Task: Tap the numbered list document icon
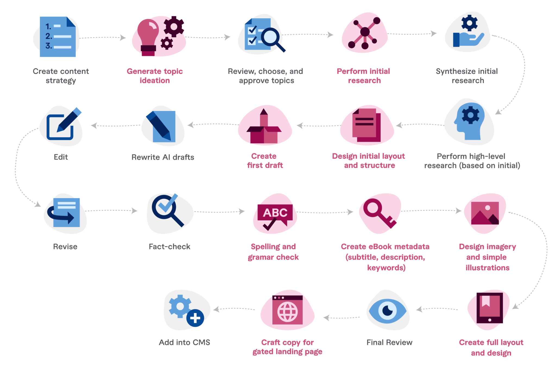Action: click(58, 37)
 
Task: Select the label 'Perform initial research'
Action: click(364, 76)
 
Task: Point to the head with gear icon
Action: click(470, 121)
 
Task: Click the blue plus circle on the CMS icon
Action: click(195, 318)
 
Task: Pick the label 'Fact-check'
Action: click(169, 246)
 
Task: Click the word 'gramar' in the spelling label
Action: click(260, 257)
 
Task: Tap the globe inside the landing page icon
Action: click(288, 312)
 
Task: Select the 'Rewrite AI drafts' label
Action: click(163, 157)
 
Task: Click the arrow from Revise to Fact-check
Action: click(111, 210)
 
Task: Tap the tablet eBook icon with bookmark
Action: click(489, 308)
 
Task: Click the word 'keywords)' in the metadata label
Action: click(386, 268)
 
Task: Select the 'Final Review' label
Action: click(389, 342)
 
